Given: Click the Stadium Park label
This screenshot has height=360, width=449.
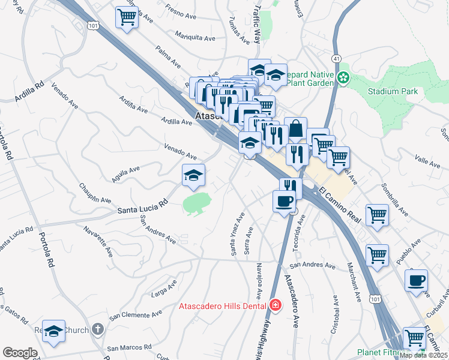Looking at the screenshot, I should (x=393, y=92).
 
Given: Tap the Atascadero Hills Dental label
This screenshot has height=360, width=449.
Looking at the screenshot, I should (x=223, y=306).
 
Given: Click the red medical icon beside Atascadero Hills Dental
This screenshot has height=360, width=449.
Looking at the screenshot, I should (x=275, y=305).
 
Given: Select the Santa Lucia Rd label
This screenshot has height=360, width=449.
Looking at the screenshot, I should (x=142, y=208).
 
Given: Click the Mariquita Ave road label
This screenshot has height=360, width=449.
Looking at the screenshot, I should (x=195, y=37).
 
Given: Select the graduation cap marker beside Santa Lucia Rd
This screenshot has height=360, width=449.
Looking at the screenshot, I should (x=194, y=175).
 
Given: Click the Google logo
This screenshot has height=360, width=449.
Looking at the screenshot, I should (x=20, y=352).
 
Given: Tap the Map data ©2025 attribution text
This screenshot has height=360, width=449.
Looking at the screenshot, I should (x=423, y=355).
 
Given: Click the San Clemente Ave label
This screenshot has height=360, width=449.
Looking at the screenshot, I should (x=135, y=314).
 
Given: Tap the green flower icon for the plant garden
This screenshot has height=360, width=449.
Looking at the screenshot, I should (x=343, y=78).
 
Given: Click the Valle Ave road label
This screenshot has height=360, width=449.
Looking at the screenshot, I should (x=427, y=160).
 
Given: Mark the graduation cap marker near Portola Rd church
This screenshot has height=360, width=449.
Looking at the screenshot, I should (x=53, y=332).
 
